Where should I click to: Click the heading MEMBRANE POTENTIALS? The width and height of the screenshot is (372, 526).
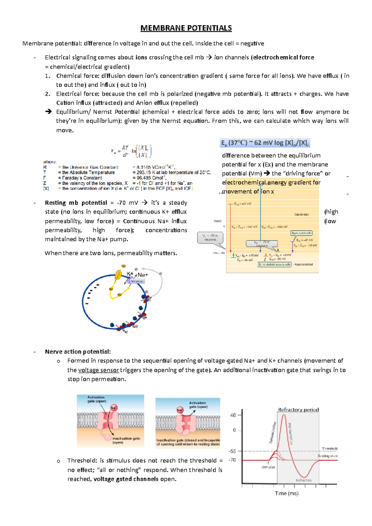point(186,28)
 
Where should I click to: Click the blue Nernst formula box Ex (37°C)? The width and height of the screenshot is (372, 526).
point(264,143)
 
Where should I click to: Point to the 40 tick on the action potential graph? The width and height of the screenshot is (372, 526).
point(233,415)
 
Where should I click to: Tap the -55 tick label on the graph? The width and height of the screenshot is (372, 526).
point(232,451)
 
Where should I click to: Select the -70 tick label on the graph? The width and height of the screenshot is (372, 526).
point(232,460)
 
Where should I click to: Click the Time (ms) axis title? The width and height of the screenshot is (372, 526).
point(286,493)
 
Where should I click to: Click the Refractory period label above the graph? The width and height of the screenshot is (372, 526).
point(298,410)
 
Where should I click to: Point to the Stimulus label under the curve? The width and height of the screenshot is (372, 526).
point(268,467)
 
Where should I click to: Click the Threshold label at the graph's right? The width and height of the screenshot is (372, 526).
point(330,449)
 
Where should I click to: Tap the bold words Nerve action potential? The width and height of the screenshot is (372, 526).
point(78,352)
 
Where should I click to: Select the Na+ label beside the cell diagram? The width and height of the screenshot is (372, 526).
point(143,275)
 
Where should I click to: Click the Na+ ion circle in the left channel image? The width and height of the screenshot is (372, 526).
point(114,408)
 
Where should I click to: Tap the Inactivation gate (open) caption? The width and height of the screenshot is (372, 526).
point(126,440)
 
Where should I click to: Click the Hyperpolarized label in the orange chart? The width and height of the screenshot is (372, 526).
point(303,265)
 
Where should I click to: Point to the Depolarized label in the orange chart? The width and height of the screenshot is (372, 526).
point(301,214)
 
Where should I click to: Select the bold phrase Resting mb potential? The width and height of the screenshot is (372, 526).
point(76,203)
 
